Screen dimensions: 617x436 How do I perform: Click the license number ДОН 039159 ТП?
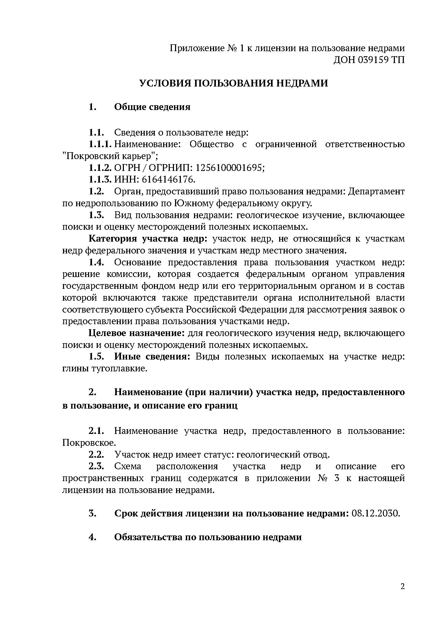(x=369, y=60)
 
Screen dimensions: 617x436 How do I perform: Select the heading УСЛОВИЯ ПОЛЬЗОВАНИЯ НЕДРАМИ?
(x=234, y=83)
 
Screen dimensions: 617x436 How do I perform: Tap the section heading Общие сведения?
(x=152, y=107)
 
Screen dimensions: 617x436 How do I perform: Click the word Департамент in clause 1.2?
(x=377, y=191)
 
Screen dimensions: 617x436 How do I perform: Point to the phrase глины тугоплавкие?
(x=105, y=369)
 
